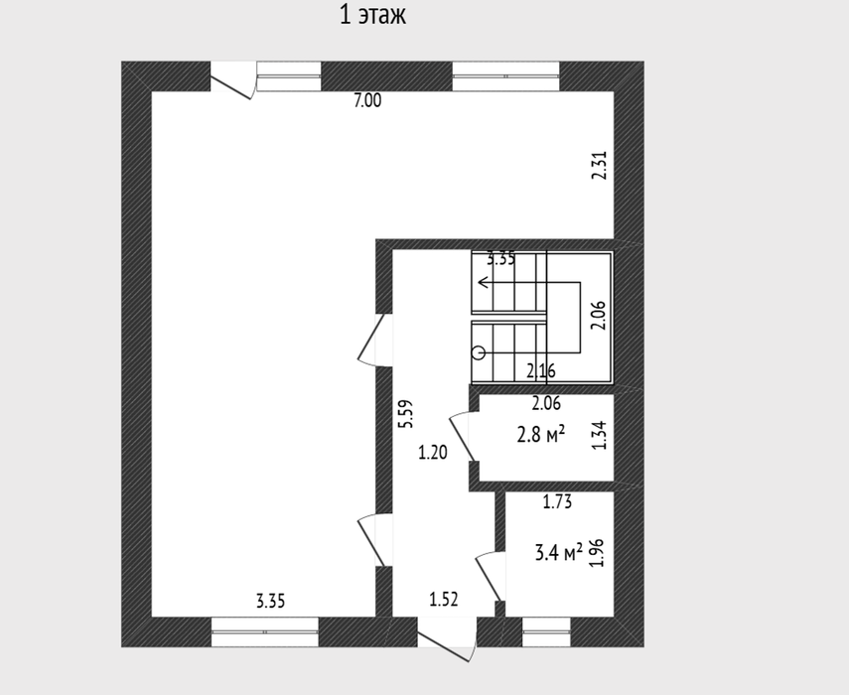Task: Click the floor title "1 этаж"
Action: [x=372, y=15]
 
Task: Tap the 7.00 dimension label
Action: [x=367, y=100]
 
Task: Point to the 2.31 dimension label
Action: [x=600, y=165]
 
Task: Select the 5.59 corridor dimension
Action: [x=405, y=414]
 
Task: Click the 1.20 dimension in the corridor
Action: [x=433, y=452]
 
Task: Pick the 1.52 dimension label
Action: [x=444, y=600]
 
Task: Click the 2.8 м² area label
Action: [x=541, y=434]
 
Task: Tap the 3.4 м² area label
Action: [x=559, y=553]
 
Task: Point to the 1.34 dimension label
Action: [x=600, y=436]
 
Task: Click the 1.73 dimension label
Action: [x=558, y=502]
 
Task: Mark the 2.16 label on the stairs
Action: [x=541, y=371]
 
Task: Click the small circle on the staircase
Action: [x=479, y=353]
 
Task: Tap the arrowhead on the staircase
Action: [x=483, y=282]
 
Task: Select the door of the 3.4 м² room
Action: [x=490, y=576]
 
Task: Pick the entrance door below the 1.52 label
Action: [x=447, y=639]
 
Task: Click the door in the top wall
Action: [x=232, y=80]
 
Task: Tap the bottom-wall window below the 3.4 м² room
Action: [x=547, y=631]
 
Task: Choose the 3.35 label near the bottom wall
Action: [x=271, y=602]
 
